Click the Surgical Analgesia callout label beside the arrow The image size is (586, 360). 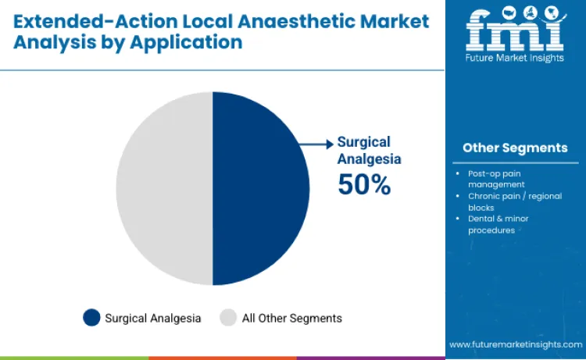click(x=369, y=150)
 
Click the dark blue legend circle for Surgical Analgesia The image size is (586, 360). click(x=91, y=318)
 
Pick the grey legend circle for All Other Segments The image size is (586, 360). click(x=228, y=318)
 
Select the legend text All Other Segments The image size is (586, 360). click(x=292, y=318)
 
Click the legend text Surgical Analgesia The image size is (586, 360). click(x=153, y=318)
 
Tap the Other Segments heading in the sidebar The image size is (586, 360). click(x=515, y=148)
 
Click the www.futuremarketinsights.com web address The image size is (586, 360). click(x=515, y=344)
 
